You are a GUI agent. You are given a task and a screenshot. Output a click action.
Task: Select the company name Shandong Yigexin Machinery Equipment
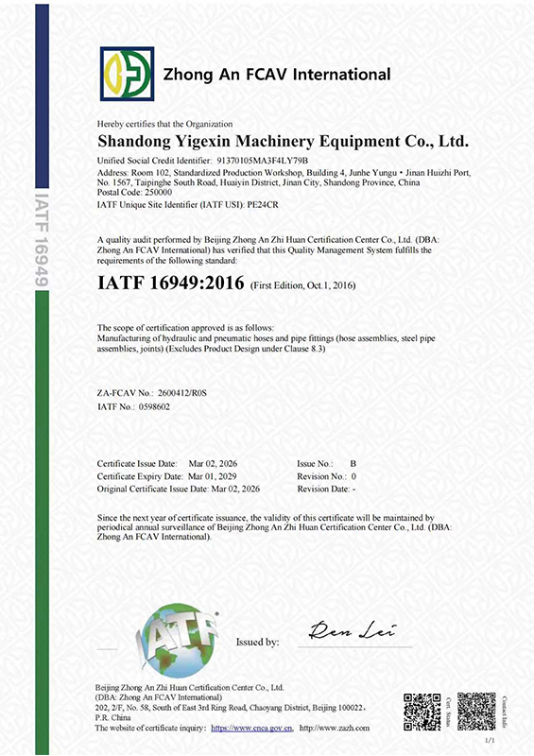click(284, 142)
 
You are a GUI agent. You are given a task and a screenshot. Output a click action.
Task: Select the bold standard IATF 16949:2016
click(171, 283)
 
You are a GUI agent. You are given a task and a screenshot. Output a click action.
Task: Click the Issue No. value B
click(354, 463)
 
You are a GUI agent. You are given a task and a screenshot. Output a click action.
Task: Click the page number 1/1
click(489, 743)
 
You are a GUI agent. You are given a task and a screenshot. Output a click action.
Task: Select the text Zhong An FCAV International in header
click(277, 74)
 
